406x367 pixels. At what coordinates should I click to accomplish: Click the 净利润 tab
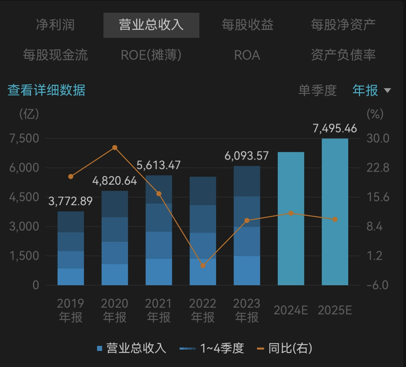click(55, 25)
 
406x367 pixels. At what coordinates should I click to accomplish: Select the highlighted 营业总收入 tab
click(151, 25)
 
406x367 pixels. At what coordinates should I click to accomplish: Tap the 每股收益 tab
click(248, 25)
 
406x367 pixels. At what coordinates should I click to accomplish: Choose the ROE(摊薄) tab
click(151, 55)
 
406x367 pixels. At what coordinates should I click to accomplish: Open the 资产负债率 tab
click(343, 55)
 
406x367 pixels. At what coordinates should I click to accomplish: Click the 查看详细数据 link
click(46, 90)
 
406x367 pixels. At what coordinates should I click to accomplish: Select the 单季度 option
click(317, 90)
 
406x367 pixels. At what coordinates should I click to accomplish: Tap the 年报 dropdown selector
click(372, 90)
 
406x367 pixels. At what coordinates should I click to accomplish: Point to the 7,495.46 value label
click(335, 128)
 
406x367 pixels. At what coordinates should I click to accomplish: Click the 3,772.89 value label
click(70, 202)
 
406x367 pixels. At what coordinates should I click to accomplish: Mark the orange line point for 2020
click(115, 148)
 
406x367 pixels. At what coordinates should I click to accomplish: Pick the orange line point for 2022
click(203, 266)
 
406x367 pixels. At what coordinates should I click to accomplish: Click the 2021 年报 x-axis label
click(159, 310)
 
